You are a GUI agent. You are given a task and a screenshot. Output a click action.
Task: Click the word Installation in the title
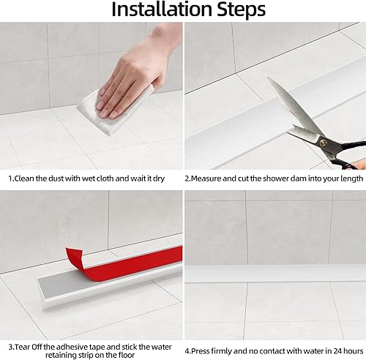[x=155, y=10]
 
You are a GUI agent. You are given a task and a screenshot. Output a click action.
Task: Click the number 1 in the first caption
[x=10, y=178]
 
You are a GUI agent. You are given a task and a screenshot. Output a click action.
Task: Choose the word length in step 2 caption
[x=348, y=178]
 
